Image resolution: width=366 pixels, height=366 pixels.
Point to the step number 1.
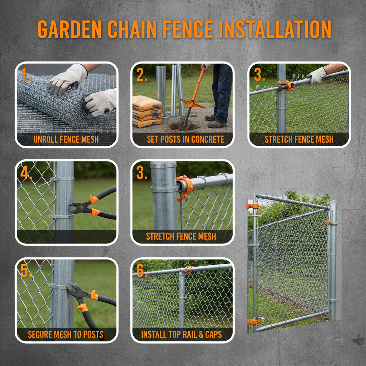pyautogui.click(x=25, y=75)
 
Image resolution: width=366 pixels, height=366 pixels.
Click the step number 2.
pyautogui.click(x=142, y=75)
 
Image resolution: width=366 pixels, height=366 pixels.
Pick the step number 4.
pyautogui.click(x=26, y=173)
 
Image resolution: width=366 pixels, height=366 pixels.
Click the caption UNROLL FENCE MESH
pyautogui.click(x=66, y=139)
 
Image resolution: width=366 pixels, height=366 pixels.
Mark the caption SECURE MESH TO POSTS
pyautogui.click(x=66, y=335)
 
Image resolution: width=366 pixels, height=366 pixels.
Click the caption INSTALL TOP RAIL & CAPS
pyautogui.click(x=182, y=335)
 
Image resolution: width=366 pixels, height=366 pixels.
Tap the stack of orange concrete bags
pyautogui.click(x=147, y=112)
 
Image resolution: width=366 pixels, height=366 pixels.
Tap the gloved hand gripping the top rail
pyautogui.click(x=316, y=75)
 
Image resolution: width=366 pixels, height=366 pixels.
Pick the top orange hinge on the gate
pyautogui.click(x=252, y=206)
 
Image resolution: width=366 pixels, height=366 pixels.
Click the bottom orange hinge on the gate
pyautogui.click(x=253, y=321)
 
